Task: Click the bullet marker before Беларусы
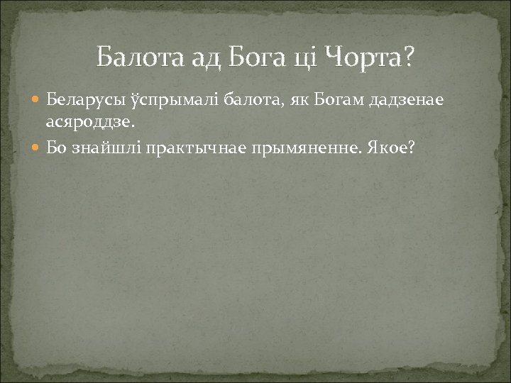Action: (38, 100)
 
